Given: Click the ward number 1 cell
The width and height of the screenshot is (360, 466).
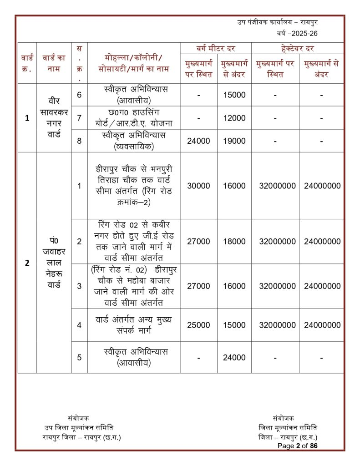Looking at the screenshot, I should [x=27, y=118].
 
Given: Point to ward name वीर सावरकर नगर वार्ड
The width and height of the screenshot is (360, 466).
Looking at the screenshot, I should [x=54, y=118].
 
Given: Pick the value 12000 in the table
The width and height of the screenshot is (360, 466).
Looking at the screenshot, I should [x=234, y=118].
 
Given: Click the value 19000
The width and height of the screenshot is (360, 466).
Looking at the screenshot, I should [x=234, y=141].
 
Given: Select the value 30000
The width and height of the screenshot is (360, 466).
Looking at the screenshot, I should [x=198, y=186].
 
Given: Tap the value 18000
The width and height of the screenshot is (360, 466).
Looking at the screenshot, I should [x=234, y=242].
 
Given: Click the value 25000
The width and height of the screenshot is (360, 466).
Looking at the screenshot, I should [x=198, y=325].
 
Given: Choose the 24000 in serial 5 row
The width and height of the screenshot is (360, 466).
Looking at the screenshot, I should [x=234, y=358].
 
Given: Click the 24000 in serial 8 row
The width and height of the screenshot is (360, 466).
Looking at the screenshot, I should [x=198, y=141].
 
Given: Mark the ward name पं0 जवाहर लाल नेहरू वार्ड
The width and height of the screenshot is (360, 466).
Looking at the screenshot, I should [x=54, y=263].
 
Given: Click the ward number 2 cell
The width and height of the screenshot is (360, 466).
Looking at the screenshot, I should [x=27, y=263].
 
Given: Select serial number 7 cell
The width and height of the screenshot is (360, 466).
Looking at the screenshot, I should [x=79, y=118].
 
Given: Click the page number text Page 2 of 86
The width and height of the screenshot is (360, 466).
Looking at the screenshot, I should [x=298, y=446].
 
